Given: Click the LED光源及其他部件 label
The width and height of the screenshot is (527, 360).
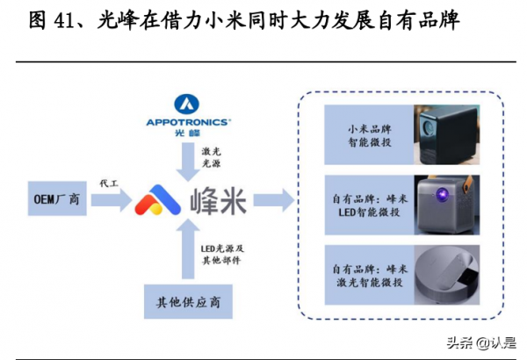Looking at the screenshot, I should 220,255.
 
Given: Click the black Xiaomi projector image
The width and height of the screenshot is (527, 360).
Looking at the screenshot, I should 448,136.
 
